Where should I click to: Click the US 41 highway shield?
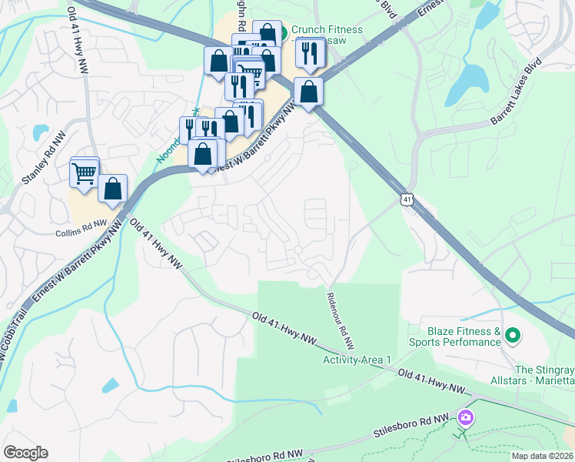[x=406, y=199]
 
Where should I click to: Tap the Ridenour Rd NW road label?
[x=339, y=320]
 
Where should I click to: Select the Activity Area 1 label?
[x=357, y=360]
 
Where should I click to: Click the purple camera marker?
[x=464, y=418]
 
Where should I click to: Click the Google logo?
[x=25, y=453]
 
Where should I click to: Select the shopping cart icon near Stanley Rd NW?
[x=84, y=172]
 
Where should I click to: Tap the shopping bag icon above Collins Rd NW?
[x=112, y=189]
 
